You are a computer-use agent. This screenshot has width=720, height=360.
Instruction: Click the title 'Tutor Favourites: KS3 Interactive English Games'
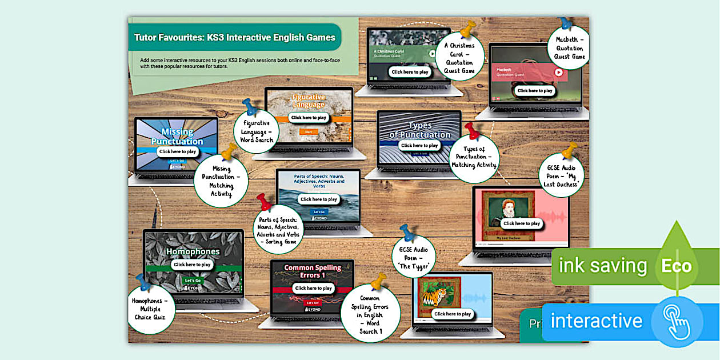(235, 38)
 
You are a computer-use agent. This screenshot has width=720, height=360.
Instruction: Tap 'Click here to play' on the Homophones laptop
(193, 265)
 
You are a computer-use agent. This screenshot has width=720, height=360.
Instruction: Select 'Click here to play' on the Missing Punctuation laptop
(178, 151)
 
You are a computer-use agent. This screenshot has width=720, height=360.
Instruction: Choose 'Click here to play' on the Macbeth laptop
(534, 90)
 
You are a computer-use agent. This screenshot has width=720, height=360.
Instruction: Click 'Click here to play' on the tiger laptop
(452, 314)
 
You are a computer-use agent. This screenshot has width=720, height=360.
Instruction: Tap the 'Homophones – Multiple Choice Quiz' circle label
(151, 309)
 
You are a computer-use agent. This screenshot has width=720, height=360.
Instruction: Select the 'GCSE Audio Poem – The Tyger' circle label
(413, 257)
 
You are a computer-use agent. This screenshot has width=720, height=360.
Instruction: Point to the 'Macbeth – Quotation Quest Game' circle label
(569, 49)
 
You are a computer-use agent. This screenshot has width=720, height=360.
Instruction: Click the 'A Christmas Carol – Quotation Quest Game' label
(459, 58)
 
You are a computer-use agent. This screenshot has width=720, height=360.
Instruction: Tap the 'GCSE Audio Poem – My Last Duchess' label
(561, 176)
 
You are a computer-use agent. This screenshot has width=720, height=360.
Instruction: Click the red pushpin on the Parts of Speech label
(264, 202)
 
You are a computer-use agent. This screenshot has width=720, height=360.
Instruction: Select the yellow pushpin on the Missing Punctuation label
(229, 151)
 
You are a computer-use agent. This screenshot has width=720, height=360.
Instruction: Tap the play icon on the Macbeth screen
(558, 72)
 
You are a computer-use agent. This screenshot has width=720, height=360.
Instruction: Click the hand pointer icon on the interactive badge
(677, 322)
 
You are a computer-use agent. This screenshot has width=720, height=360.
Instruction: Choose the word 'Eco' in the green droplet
(676, 266)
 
